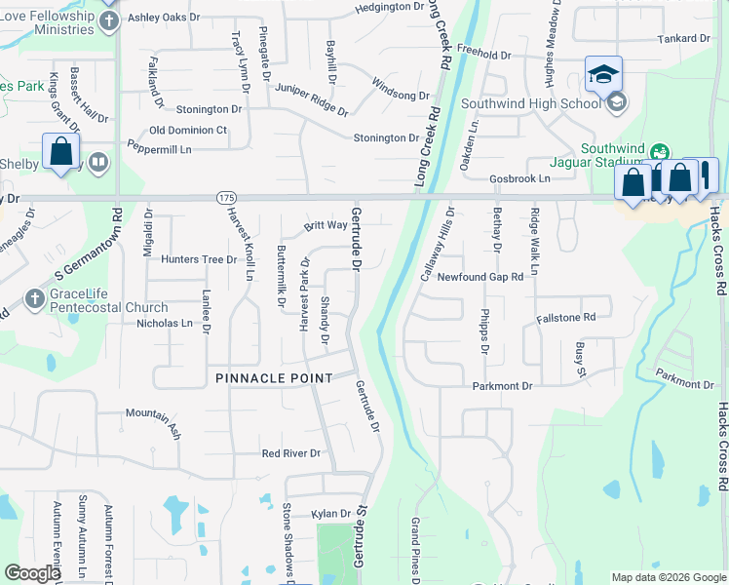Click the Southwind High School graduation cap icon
click(603, 73)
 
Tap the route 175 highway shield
click(226, 197)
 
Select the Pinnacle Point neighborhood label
click(274, 377)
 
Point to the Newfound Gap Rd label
click(480, 277)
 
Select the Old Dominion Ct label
click(188, 130)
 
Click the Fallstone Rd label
click(565, 318)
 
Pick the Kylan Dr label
click(331, 514)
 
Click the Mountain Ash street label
click(153, 413)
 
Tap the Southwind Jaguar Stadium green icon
click(660, 151)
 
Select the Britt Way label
click(326, 225)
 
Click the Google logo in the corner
click(31, 573)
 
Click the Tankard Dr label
click(683, 38)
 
